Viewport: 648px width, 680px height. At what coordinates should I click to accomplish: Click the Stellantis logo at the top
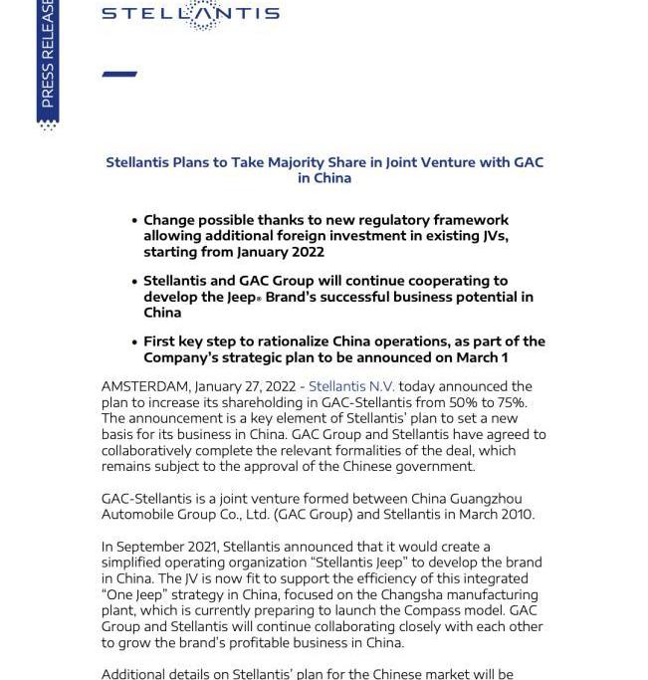(x=190, y=14)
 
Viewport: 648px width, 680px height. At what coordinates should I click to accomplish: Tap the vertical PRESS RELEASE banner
(x=47, y=60)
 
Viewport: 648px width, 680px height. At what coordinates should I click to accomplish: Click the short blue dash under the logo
(x=119, y=74)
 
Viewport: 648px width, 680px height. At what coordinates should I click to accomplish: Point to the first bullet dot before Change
(x=134, y=221)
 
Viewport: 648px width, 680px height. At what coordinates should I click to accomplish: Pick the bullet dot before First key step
(x=134, y=342)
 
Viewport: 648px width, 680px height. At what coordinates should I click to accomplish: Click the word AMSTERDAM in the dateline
(x=145, y=386)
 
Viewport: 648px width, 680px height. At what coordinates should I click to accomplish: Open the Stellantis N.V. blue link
(x=351, y=386)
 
